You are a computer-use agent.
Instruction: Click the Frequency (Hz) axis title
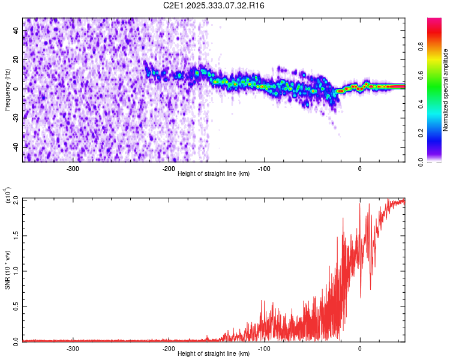[x=7, y=90]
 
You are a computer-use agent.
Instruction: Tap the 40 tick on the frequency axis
[x=16, y=31]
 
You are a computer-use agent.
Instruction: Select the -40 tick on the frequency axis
[x=15, y=147]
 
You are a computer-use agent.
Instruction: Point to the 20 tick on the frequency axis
[x=16, y=60]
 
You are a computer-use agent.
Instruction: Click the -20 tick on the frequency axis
[x=15, y=118]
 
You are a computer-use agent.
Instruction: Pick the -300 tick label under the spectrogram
[x=73, y=169]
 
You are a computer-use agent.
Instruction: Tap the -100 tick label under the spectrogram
[x=263, y=169]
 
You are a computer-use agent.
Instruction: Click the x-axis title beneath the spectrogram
[x=214, y=174]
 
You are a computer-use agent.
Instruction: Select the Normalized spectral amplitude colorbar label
[x=446, y=90]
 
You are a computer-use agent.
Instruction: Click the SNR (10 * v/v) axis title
[x=7, y=270]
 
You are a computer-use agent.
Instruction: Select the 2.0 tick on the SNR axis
[x=16, y=199]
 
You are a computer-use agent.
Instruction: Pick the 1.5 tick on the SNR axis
[x=16, y=235]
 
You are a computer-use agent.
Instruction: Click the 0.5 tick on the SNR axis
[x=16, y=306]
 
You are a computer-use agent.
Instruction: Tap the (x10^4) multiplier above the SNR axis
[x=8, y=196]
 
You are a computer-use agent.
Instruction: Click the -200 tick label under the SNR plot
[x=168, y=349]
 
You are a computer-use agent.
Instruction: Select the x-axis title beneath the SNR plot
[x=214, y=354]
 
